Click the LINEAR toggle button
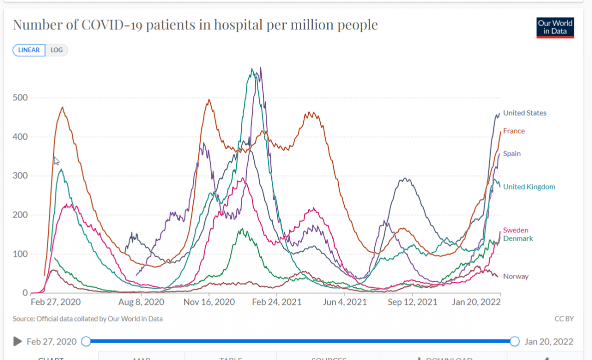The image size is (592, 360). [29, 50]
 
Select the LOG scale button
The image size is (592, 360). [56, 50]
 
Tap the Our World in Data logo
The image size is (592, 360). [555, 28]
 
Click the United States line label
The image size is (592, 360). [525, 113]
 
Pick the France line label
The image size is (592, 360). [514, 131]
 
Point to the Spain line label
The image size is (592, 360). [512, 153]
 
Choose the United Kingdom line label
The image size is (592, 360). [529, 187]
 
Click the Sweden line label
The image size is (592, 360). [516, 230]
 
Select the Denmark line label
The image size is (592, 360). [518, 238]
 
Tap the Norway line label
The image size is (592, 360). [516, 276]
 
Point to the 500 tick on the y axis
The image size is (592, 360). [20, 97]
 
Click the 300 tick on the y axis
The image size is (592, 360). [20, 175]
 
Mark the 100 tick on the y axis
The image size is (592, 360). [20, 254]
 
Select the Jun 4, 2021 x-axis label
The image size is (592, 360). [344, 302]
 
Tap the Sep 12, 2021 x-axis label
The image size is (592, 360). [413, 302]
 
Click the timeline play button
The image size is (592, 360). [17, 341]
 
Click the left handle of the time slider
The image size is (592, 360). [86, 341]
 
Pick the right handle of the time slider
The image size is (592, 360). [515, 341]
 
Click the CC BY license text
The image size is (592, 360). [564, 318]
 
